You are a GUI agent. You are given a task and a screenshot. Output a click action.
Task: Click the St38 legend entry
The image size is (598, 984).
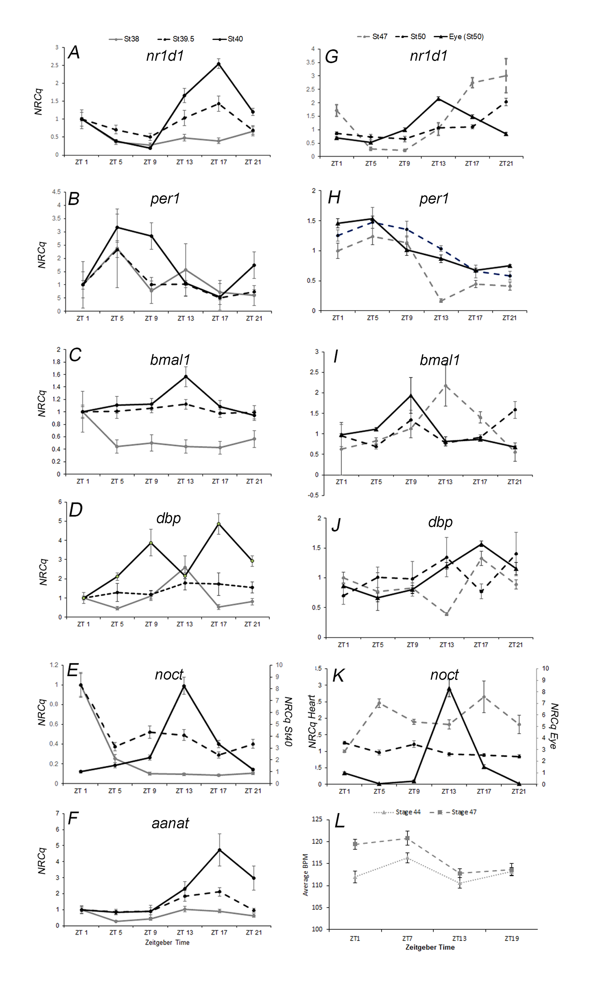(x=124, y=39)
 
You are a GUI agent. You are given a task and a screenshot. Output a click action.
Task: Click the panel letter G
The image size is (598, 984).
(x=332, y=56)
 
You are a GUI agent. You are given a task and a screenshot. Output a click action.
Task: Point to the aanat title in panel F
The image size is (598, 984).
(x=170, y=823)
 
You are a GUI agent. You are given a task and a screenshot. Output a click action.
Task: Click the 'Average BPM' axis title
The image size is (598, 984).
(x=306, y=875)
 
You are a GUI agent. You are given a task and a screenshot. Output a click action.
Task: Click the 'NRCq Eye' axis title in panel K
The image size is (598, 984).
(x=554, y=726)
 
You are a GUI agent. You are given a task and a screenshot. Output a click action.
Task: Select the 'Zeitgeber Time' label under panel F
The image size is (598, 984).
(x=167, y=942)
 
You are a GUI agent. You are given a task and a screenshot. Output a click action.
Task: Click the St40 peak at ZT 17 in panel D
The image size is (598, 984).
(x=219, y=524)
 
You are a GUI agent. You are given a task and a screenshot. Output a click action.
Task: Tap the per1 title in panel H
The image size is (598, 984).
(x=434, y=198)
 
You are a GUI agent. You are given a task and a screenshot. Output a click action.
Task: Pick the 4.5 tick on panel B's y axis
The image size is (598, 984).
(x=56, y=192)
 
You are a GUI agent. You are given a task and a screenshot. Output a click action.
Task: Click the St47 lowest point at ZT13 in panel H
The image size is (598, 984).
(x=441, y=301)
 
